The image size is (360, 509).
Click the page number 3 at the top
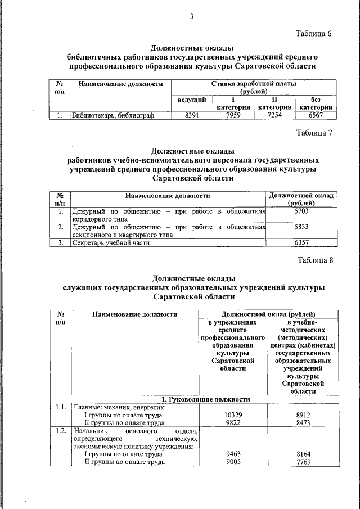(x=191, y=16)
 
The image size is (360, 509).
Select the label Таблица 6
(x=314, y=34)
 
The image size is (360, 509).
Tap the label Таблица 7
(x=314, y=133)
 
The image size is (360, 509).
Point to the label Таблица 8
(x=314, y=260)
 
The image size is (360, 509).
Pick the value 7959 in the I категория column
(x=233, y=115)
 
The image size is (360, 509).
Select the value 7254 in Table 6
(x=274, y=115)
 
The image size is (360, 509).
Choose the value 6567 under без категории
(x=316, y=115)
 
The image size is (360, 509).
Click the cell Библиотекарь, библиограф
(x=112, y=116)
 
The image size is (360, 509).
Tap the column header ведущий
(x=191, y=100)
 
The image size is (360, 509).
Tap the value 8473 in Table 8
(x=303, y=421)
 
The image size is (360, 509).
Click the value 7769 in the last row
(x=303, y=462)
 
